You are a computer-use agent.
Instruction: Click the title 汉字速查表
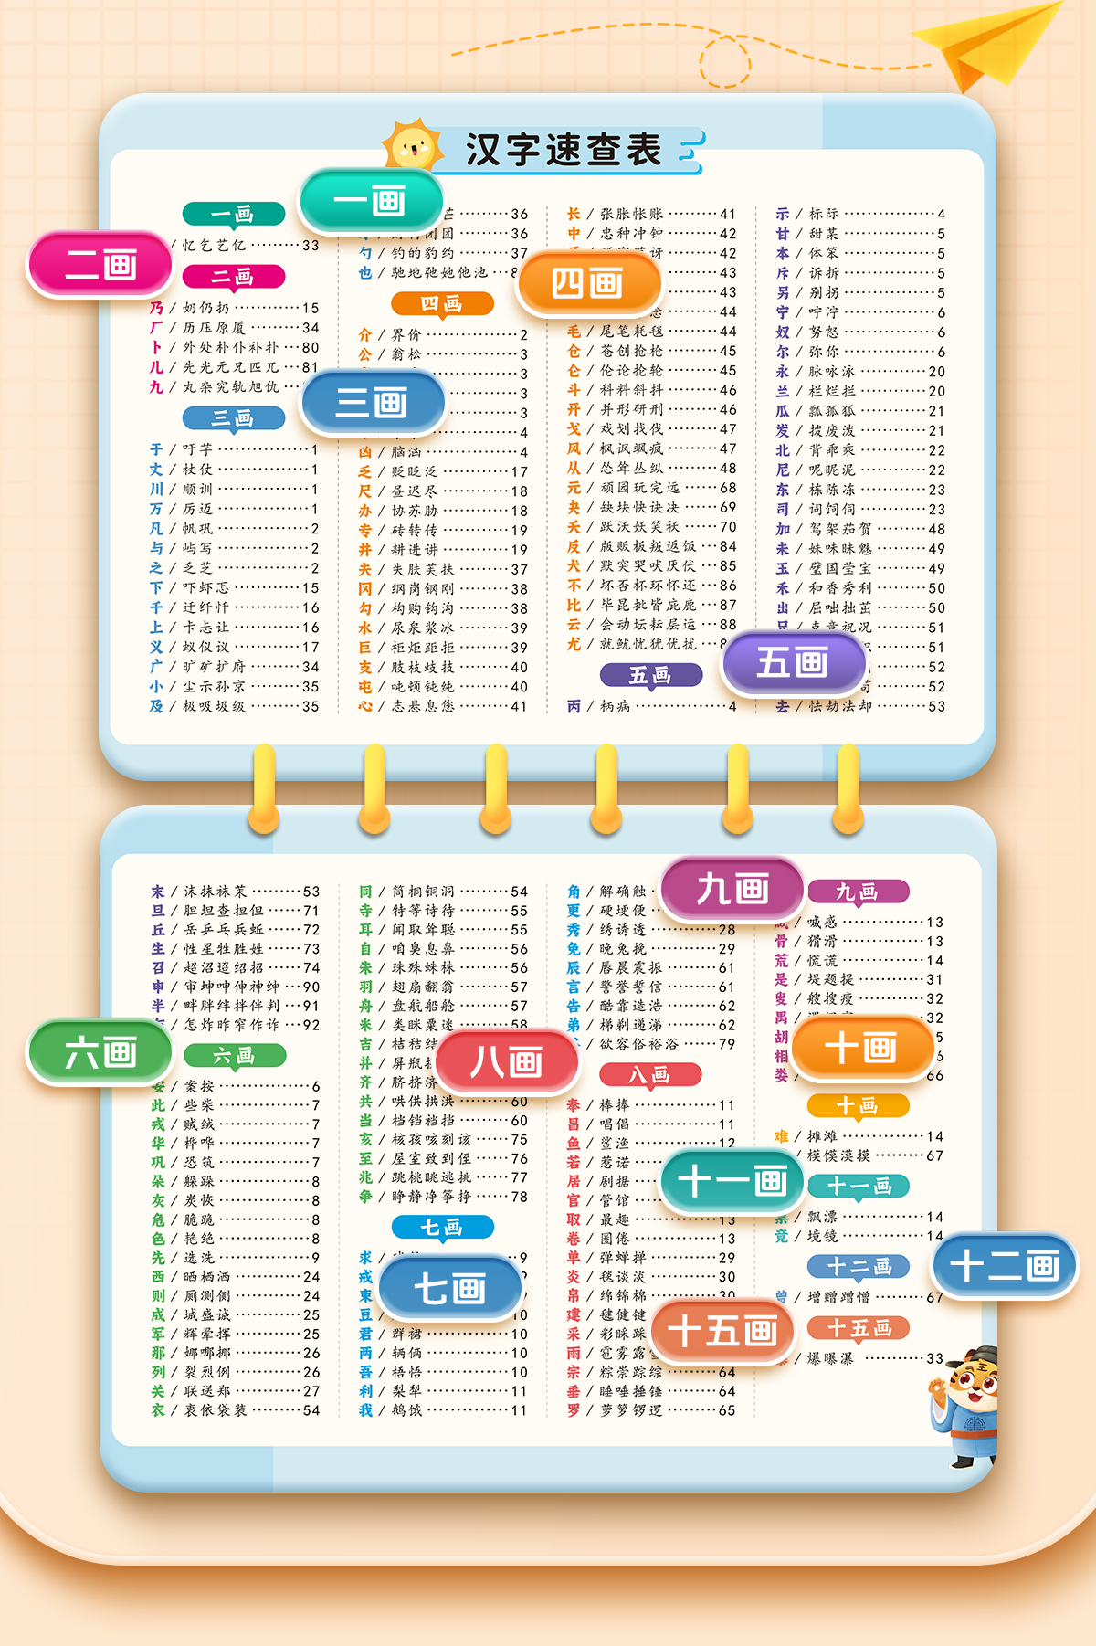click(x=563, y=150)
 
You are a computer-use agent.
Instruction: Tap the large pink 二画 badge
click(x=100, y=265)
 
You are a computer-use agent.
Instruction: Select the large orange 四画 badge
click(x=588, y=283)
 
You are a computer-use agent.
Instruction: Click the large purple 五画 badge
click(x=793, y=661)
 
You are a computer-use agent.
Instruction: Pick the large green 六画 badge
click(x=100, y=1052)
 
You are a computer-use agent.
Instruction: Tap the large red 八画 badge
click(x=507, y=1061)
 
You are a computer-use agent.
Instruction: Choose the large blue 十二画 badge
click(x=1005, y=1266)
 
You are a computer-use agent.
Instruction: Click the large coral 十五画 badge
click(x=722, y=1331)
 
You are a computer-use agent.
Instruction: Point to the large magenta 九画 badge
click(x=732, y=889)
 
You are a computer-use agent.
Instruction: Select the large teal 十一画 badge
click(x=733, y=1181)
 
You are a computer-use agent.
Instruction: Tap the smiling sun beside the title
click(x=413, y=146)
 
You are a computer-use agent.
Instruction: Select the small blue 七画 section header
click(x=442, y=1227)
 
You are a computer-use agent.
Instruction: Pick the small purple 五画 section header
click(x=650, y=675)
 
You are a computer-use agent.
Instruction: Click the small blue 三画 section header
click(x=233, y=418)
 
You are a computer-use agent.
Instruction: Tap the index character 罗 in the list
click(x=574, y=1409)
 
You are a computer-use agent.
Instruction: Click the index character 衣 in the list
click(x=158, y=1409)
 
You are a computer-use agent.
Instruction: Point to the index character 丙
click(x=574, y=706)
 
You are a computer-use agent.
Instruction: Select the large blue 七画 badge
click(x=449, y=1289)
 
